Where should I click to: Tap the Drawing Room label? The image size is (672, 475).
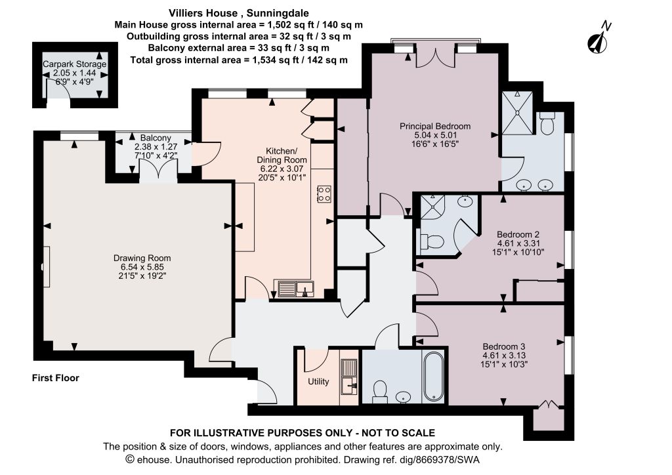[142, 258]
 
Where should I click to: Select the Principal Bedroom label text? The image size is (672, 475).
[435, 127]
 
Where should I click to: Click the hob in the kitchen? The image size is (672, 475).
[324, 194]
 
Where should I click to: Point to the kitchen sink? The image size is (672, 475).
[296, 289]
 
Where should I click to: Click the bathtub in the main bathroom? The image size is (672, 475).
[433, 377]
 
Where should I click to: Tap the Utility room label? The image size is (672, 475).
[318, 382]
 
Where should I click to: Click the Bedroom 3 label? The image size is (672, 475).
[504, 346]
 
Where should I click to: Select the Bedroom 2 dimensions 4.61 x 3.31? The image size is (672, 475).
[518, 243]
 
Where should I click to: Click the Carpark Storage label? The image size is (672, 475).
[75, 64]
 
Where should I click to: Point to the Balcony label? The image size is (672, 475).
[156, 138]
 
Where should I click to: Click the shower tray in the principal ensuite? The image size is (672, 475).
[517, 113]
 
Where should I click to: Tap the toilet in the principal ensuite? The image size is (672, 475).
[547, 123]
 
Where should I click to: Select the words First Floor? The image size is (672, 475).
[56, 378]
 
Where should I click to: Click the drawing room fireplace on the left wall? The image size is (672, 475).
[45, 266]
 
